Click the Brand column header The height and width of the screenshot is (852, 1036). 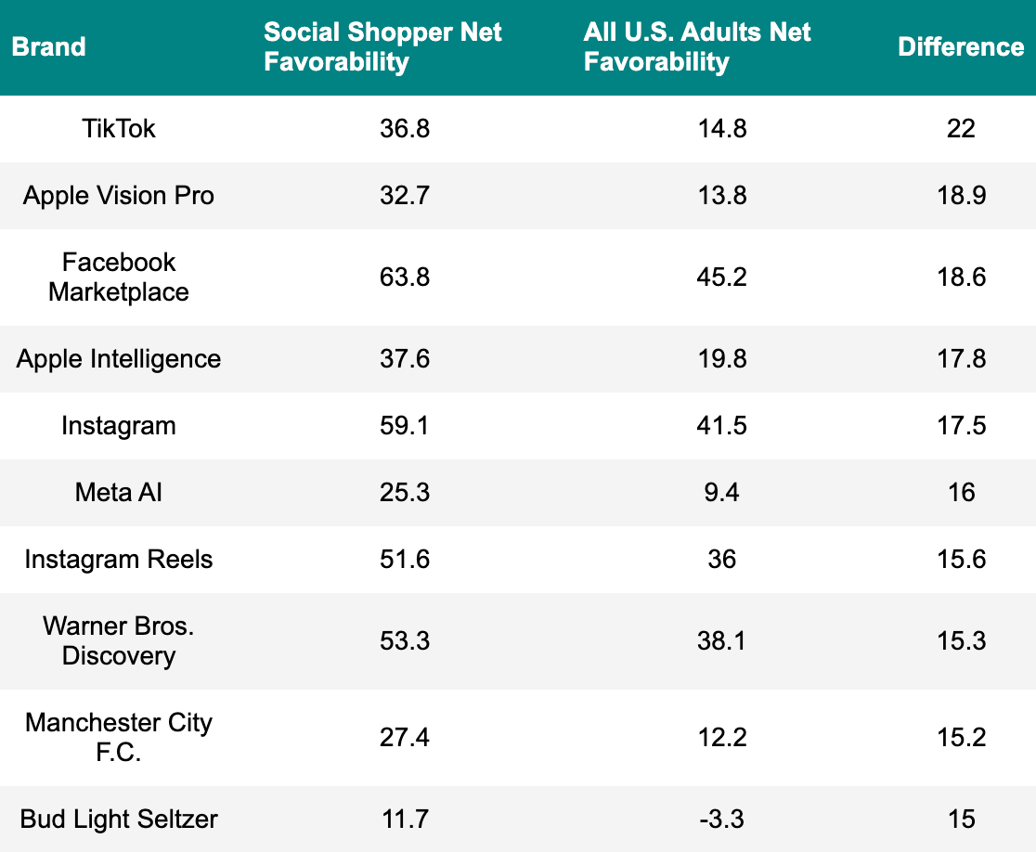[48, 46]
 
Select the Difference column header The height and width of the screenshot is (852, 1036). [961, 46]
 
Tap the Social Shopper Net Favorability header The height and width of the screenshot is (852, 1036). [382, 46]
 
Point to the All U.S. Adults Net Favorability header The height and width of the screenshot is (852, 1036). [697, 46]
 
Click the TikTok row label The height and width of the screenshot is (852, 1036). [119, 128]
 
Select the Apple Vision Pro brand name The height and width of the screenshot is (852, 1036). [119, 195]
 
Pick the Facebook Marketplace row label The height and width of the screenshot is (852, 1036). [119, 277]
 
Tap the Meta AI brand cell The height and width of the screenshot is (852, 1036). [119, 492]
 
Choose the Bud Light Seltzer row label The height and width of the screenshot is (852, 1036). [119, 819]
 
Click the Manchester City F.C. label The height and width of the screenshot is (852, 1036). [119, 737]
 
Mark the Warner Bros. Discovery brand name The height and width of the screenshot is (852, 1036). [119, 640]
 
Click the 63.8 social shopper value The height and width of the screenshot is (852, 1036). [405, 277]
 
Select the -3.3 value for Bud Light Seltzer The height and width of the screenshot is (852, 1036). [721, 819]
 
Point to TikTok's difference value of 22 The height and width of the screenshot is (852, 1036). [961, 128]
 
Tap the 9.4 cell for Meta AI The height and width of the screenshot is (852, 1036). [721, 492]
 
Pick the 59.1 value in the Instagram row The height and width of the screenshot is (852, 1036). [405, 425]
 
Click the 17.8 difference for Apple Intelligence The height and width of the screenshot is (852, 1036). [961, 358]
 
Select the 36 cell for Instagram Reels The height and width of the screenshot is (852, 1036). [721, 559]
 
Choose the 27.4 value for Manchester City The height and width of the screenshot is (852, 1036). [405, 737]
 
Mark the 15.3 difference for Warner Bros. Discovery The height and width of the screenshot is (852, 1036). [961, 640]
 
